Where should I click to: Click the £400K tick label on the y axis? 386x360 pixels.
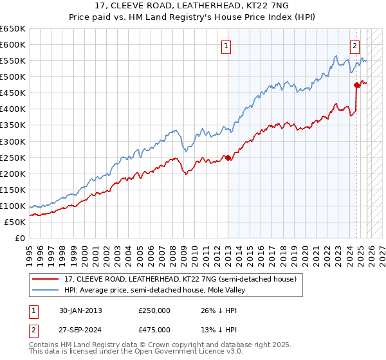click(13, 109)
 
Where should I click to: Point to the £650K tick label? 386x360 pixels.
click(13, 29)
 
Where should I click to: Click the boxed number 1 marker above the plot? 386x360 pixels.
click(227, 46)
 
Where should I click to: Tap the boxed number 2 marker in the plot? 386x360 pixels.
click(354, 46)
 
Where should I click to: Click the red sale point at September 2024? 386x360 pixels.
click(356, 85)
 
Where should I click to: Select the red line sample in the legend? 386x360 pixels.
click(46, 279)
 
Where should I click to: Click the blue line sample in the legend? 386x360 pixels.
click(46, 290)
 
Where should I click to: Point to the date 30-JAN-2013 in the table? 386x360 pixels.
click(79, 310)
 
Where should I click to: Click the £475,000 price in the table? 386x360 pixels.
click(154, 329)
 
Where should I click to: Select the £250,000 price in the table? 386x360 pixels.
click(154, 310)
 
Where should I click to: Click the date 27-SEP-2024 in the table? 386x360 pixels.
click(79, 329)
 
